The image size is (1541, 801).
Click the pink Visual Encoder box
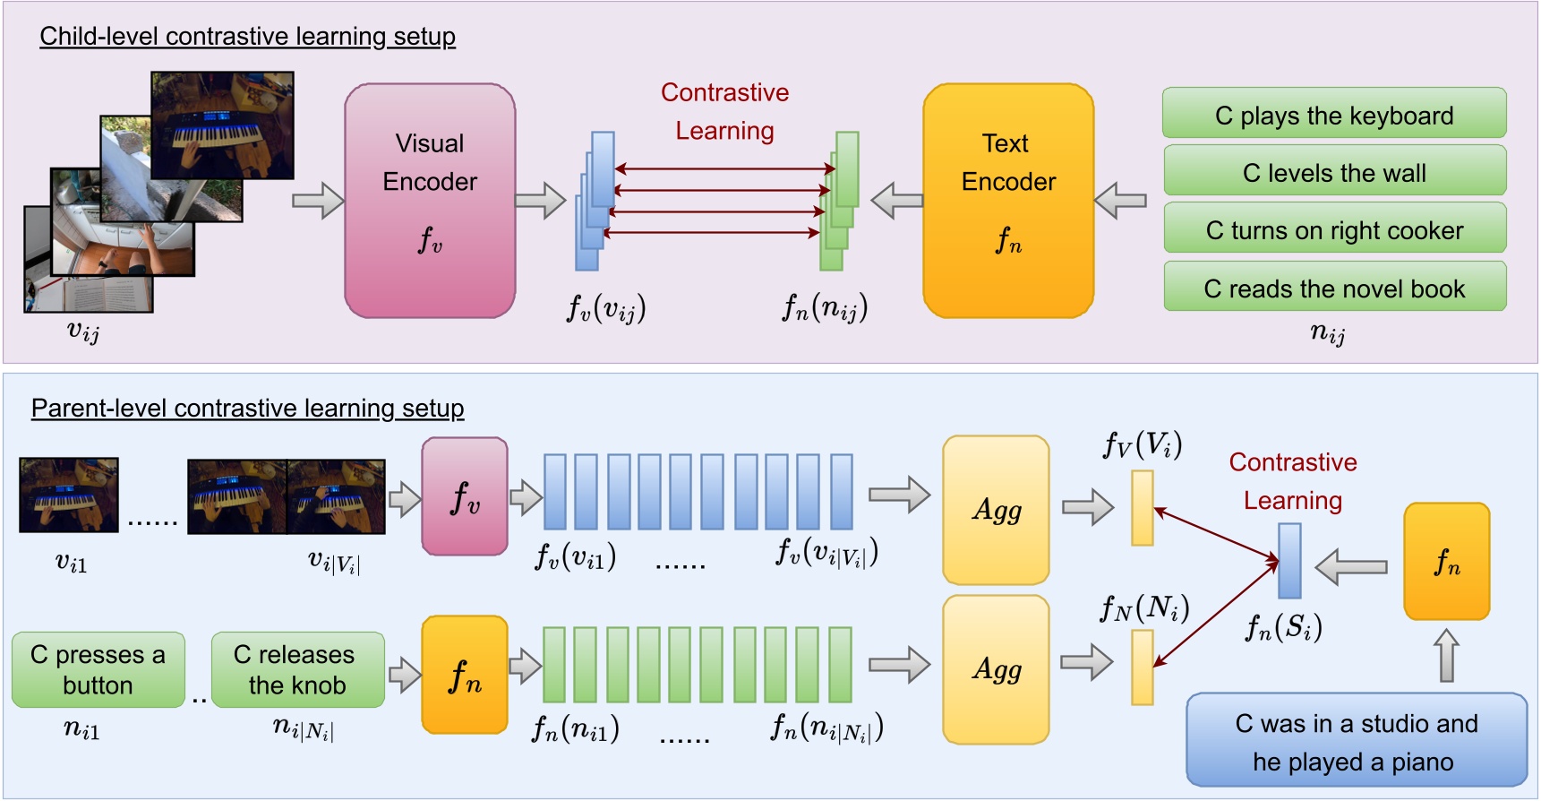click(430, 201)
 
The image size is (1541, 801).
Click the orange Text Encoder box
click(1008, 201)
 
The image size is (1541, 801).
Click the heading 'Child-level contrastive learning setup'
click(247, 37)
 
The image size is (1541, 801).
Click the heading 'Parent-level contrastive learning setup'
click(247, 409)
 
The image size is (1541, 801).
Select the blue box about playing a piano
click(1356, 741)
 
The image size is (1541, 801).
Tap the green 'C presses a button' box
click(98, 670)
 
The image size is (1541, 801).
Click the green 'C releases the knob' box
click(297, 670)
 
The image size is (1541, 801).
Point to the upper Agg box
click(996, 510)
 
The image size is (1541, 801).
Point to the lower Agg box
click(996, 669)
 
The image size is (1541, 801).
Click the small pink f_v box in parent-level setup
click(465, 496)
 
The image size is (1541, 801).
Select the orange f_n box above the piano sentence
click(1446, 561)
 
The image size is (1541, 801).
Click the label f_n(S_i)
click(1283, 628)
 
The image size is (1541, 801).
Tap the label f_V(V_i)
click(1143, 445)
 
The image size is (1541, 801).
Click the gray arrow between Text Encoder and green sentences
click(1120, 201)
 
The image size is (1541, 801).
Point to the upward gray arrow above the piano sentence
click(1446, 654)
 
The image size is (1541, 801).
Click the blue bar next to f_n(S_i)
click(1289, 561)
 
